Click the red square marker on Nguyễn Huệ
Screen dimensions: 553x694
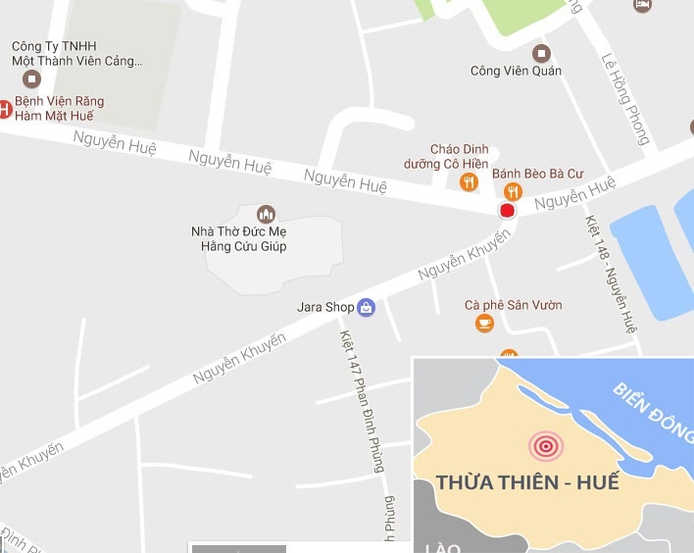[x=507, y=211]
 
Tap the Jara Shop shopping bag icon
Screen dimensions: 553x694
[x=366, y=307]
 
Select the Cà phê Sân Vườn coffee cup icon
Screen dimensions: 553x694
[x=484, y=323]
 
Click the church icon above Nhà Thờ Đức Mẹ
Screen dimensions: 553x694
[x=265, y=214]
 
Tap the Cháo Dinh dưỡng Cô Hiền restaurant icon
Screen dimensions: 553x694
[x=469, y=181]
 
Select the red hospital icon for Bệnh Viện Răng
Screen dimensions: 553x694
[x=4, y=108]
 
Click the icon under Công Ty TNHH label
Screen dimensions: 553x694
[x=32, y=77]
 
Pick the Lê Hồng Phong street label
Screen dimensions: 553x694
[x=623, y=98]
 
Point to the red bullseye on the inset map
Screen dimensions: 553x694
[x=546, y=447]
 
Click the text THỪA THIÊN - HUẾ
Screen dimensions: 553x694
[x=527, y=483]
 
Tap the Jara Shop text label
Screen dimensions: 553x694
[x=324, y=307]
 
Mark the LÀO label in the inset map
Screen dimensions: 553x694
[x=442, y=546]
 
